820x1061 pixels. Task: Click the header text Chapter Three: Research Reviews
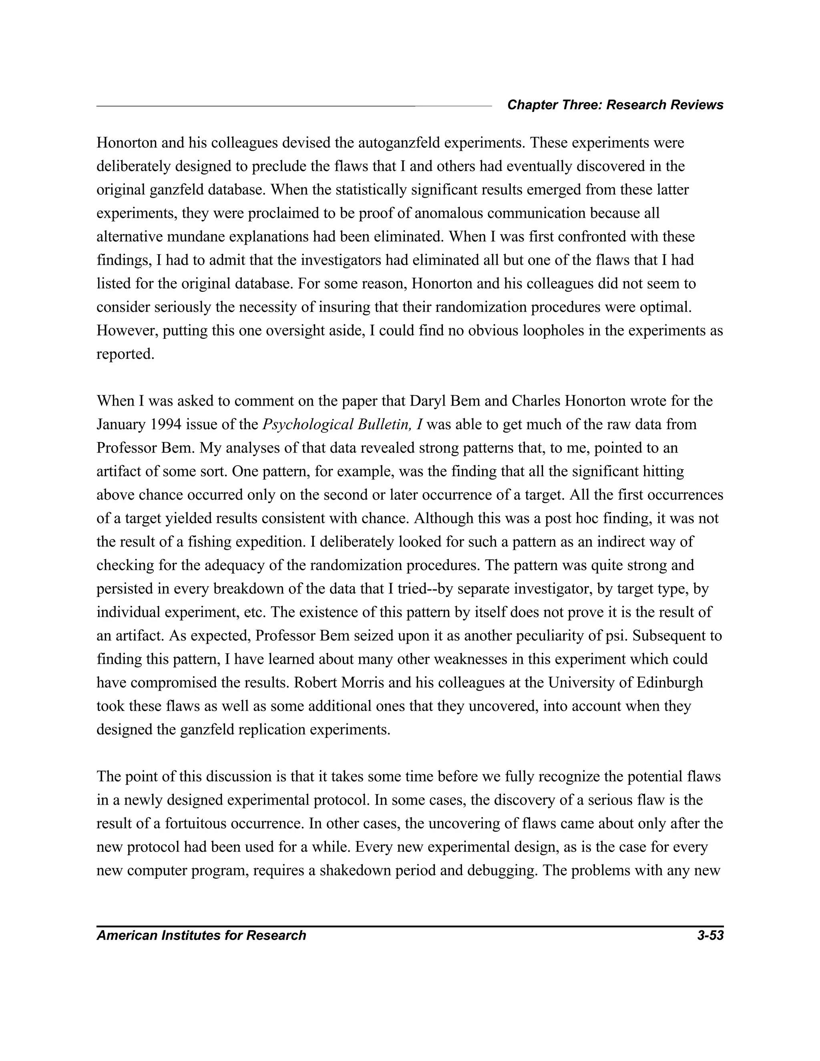pos(615,105)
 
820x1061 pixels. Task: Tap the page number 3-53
pos(710,935)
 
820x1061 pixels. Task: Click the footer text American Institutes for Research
pos(201,935)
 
